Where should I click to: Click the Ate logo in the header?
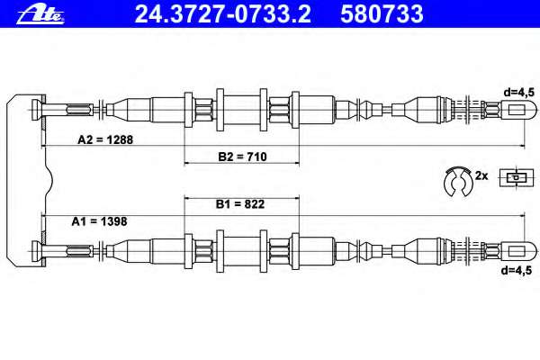pos(40,14)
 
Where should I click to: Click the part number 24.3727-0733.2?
pos(222,14)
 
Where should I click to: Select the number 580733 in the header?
pos(382,14)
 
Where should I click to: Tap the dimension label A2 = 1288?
pos(105,139)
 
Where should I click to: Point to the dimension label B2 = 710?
pos(242,157)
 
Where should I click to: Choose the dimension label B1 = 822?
pos(240,204)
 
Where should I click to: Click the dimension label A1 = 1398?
pos(99,221)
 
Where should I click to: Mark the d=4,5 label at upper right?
pos(518,93)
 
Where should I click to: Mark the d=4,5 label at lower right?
pos(517,270)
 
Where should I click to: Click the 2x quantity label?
pos(481,175)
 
